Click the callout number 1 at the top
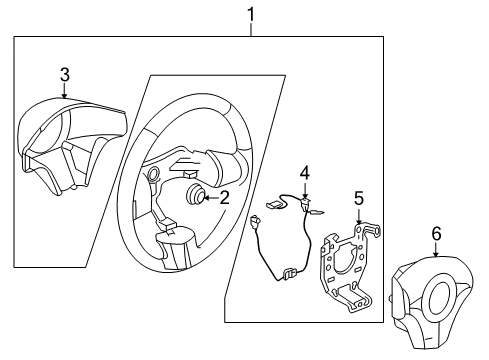click(251, 14)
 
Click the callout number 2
click(225, 197)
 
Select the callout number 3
click(64, 74)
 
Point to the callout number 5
click(359, 199)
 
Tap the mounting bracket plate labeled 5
click(347, 264)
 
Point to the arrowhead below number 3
click(64, 96)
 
